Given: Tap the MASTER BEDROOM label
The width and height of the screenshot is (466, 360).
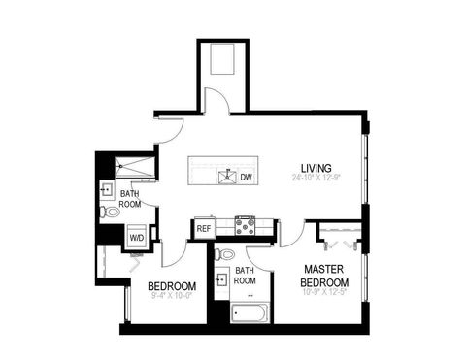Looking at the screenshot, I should click(325, 275).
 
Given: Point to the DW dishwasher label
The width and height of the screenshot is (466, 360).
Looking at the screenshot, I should click(247, 177).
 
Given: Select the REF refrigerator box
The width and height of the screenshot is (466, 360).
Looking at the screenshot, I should click(204, 229).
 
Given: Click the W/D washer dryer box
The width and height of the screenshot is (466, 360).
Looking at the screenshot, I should click(136, 236).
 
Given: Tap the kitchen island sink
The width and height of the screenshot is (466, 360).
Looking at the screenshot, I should click(228, 177).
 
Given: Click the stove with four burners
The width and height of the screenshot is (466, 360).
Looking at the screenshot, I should click(244, 227).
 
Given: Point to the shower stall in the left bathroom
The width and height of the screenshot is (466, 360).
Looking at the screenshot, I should click(136, 166).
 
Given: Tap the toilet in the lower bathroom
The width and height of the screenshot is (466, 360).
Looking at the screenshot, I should click(225, 254).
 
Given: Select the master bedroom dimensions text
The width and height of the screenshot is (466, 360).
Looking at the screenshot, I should click(325, 290).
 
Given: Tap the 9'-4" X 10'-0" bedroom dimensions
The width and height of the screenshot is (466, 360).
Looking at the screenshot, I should click(172, 296).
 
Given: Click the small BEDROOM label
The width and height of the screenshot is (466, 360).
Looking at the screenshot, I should click(172, 286).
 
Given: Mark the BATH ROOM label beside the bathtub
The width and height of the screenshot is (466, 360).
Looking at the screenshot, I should click(245, 276).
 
